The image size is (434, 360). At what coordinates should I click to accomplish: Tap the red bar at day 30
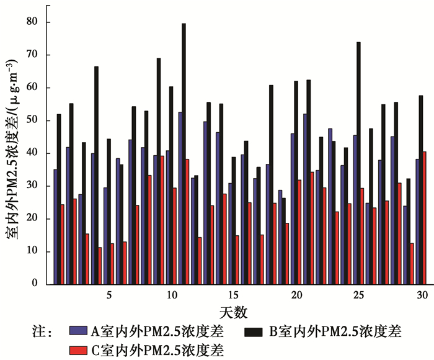point(424,218)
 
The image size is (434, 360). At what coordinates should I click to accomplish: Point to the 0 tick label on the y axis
point(43,284)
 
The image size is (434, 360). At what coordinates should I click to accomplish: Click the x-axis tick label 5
point(109,294)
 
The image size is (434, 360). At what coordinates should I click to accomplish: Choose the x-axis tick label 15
point(233,294)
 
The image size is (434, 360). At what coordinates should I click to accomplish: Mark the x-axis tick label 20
point(296,294)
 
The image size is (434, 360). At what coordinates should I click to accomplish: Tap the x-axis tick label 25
point(358,294)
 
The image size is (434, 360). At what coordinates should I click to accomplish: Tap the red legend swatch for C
point(79,349)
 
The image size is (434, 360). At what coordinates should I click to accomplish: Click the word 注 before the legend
point(38,331)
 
